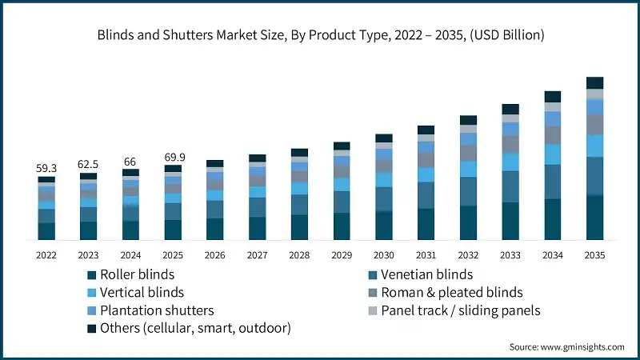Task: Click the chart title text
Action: point(320,35)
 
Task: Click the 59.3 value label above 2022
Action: point(46,169)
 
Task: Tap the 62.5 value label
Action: point(88,164)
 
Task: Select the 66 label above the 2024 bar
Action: point(130,161)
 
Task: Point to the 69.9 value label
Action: point(173,157)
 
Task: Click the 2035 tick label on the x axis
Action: point(594,255)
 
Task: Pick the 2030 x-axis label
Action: point(383,255)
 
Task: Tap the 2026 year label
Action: point(214,255)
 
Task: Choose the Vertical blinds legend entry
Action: point(141,292)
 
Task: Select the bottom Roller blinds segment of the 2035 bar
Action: point(594,218)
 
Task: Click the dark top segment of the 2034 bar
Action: point(552,97)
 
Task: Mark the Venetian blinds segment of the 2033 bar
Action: point(510,186)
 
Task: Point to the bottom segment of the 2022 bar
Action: point(46,231)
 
